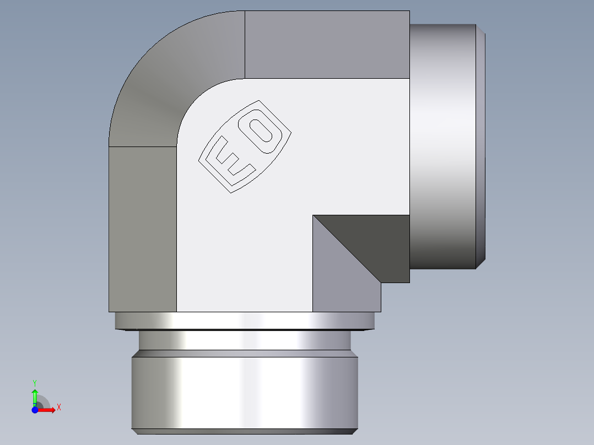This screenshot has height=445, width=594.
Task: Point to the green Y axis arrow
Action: (35, 396)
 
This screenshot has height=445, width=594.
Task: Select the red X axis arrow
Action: (47, 410)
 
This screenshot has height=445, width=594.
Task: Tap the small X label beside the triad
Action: (58, 408)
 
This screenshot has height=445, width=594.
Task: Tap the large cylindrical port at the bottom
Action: (244, 391)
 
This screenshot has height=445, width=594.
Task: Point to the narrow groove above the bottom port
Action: (244, 340)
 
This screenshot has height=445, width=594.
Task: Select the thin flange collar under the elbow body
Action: (244, 321)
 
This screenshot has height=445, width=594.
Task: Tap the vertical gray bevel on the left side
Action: (142, 229)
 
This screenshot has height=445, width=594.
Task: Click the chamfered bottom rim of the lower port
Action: (244, 431)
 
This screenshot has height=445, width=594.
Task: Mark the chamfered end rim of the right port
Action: (480, 146)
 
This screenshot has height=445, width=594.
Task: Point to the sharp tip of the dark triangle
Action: (314, 216)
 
